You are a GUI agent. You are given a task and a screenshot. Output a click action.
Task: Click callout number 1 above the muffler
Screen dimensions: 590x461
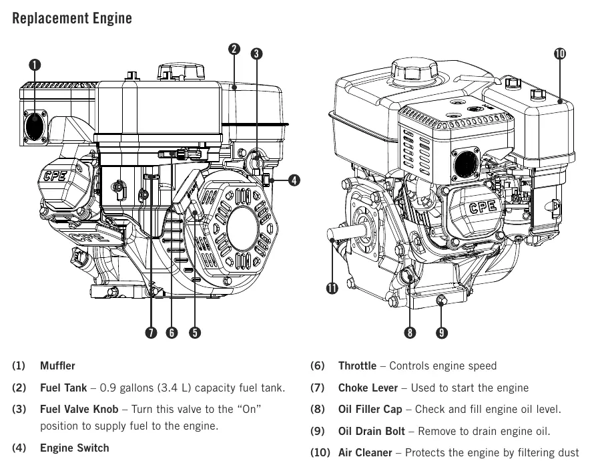pyautogui.click(x=35, y=65)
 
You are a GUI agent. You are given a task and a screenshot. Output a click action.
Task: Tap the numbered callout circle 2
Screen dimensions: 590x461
pyautogui.click(x=234, y=49)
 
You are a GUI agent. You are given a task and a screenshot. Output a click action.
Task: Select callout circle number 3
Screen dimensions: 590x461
pyautogui.click(x=256, y=53)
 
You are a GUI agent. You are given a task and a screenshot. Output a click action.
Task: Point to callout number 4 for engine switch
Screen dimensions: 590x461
pyautogui.click(x=294, y=180)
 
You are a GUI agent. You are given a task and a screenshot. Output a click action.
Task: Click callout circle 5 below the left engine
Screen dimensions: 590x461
pyautogui.click(x=194, y=333)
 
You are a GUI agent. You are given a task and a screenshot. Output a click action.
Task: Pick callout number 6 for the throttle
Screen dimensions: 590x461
pyautogui.click(x=172, y=333)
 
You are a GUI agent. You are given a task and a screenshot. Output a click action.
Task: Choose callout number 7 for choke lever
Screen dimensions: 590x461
pyautogui.click(x=151, y=333)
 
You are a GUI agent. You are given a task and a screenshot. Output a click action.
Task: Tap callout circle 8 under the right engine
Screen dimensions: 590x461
pyautogui.click(x=410, y=333)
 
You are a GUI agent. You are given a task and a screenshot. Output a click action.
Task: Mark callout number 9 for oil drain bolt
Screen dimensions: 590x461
pyautogui.click(x=442, y=333)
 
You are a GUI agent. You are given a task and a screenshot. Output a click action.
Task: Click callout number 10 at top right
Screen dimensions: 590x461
pyautogui.click(x=560, y=53)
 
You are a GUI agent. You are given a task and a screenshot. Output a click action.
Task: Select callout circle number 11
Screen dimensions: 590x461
pyautogui.click(x=332, y=289)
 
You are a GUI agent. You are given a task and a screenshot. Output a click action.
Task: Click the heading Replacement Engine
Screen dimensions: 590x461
pyautogui.click(x=72, y=18)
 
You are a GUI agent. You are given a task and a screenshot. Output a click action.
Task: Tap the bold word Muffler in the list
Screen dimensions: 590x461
pyautogui.click(x=57, y=365)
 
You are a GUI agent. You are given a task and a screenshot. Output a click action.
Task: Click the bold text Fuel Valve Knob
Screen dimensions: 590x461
pyautogui.click(x=79, y=409)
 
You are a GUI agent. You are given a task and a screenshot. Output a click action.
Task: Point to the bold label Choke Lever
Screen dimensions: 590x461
pyautogui.click(x=368, y=388)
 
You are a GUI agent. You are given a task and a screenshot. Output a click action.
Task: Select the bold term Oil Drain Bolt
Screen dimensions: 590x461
pyautogui.click(x=371, y=431)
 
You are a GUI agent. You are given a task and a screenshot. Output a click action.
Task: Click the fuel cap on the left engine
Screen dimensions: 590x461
pyautogui.click(x=181, y=71)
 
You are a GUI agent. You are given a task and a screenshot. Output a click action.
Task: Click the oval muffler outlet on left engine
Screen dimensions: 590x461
pyautogui.click(x=35, y=127)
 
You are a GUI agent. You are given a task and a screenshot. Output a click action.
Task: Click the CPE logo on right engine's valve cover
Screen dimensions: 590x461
pyautogui.click(x=483, y=206)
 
